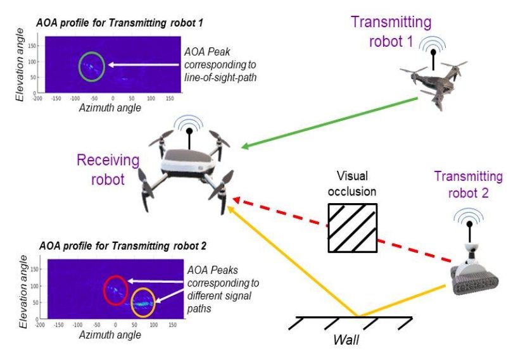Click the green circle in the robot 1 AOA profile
click(91, 66)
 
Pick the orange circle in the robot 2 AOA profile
click(143, 302)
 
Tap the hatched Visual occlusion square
click(351, 228)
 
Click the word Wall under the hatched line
click(346, 340)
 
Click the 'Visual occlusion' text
click(352, 184)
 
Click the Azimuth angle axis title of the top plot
click(110, 108)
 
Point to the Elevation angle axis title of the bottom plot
click(23, 293)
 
